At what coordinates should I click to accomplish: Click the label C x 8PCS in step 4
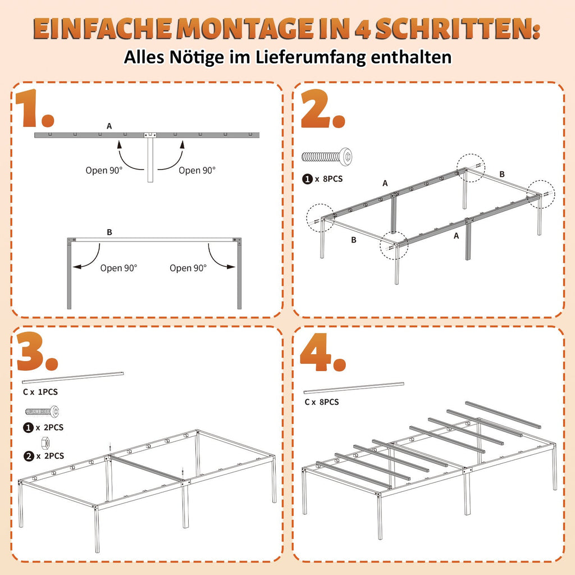click(322, 402)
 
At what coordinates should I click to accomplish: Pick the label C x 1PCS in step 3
click(40, 391)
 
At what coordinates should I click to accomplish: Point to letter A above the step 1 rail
click(109, 126)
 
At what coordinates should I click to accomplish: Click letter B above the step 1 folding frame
click(109, 231)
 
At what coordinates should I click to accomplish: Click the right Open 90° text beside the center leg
click(197, 170)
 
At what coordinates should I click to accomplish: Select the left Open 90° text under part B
click(118, 268)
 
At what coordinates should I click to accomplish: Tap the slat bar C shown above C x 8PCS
click(354, 387)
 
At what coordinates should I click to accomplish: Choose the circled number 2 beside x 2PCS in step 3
click(28, 456)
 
